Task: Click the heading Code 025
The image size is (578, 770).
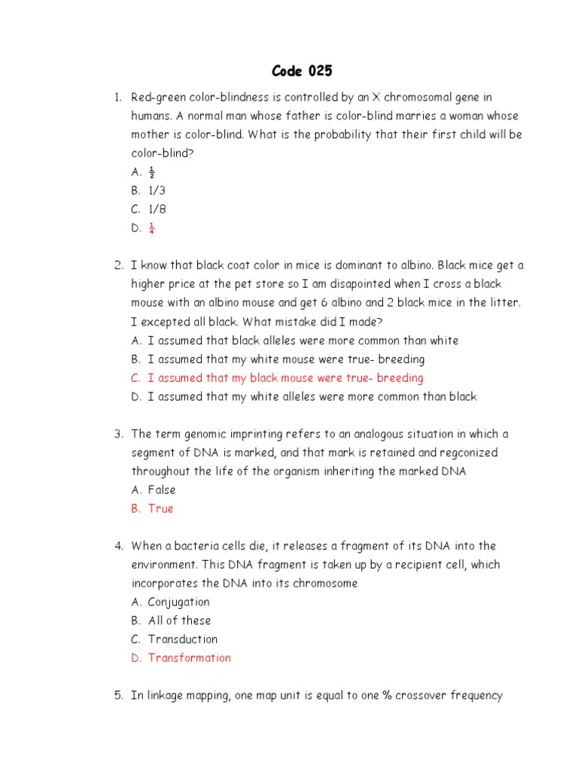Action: [x=301, y=71]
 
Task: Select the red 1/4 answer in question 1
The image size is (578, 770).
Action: [x=151, y=229]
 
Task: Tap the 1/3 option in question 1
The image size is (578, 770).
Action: [x=157, y=191]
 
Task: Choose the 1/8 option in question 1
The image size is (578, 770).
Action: [x=157, y=210]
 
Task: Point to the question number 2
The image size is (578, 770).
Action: [x=118, y=265]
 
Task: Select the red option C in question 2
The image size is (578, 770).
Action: [x=285, y=378]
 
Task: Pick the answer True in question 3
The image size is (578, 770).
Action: [x=160, y=508]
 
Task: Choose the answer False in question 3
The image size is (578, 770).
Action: [x=162, y=490]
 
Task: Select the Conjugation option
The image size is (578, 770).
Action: [x=178, y=602]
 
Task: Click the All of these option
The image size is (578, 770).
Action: [x=179, y=620]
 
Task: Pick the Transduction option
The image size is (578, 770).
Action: [x=182, y=639]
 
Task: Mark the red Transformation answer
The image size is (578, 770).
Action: [x=189, y=658]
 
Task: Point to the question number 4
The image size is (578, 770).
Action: [x=118, y=546]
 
